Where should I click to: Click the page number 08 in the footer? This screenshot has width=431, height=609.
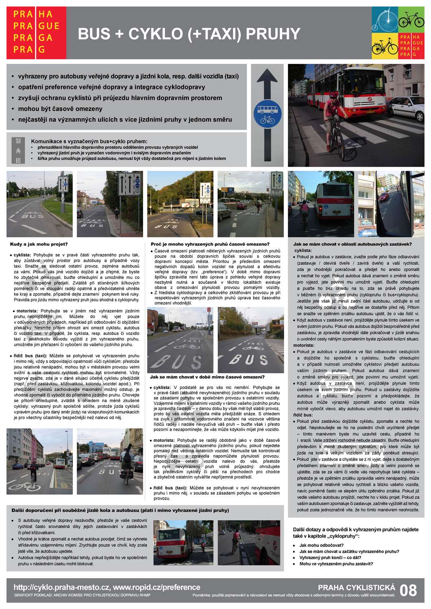[408, 590]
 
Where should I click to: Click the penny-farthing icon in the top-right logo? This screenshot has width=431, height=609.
[384, 19]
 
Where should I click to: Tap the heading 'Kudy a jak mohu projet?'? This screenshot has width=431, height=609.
[39, 244]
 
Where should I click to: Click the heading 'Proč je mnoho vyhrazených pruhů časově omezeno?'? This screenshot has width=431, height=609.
[210, 244]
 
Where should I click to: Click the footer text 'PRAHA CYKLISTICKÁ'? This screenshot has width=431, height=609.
[356, 587]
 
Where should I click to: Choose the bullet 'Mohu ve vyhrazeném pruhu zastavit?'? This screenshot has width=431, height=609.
[336, 564]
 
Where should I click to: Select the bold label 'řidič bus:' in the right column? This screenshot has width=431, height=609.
[303, 415]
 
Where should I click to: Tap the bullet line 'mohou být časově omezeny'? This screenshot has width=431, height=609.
[60, 109]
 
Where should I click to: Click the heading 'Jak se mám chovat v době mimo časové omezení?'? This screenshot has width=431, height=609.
[207, 377]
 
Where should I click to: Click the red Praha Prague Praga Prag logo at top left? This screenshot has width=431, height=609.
[36, 32]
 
